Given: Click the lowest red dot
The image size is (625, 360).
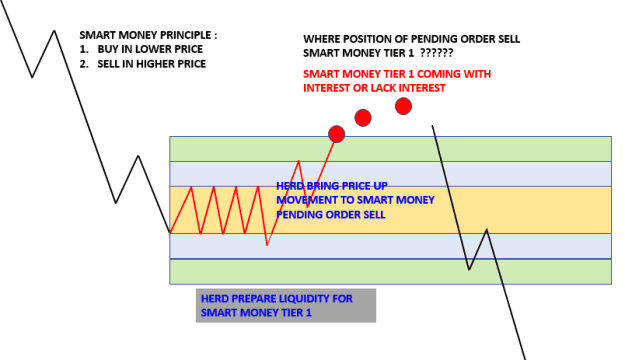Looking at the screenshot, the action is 336,134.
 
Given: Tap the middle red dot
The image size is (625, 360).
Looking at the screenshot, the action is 363,118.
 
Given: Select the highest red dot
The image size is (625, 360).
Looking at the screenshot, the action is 403,106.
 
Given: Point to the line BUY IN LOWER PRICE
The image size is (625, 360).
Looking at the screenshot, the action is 150,49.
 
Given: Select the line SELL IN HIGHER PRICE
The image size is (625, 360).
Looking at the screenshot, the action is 152,64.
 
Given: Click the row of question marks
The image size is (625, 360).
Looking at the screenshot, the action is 437,53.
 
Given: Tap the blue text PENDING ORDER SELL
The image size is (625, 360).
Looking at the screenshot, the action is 331,214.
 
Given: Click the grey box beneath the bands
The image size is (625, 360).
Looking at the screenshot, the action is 286,305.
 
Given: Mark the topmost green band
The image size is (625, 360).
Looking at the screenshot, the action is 390,149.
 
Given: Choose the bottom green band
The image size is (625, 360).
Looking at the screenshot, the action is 390,271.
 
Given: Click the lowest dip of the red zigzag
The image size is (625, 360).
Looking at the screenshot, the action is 267,245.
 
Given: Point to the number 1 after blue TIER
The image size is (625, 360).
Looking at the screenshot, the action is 309,313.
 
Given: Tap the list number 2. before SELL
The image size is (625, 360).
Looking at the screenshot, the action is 83,64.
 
